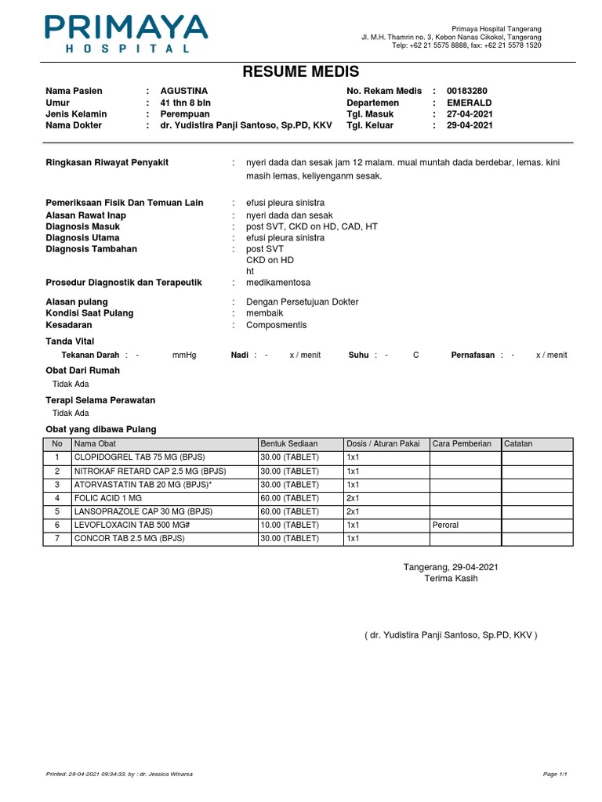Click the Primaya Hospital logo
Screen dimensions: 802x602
(126, 33)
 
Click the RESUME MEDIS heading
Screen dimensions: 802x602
(301, 72)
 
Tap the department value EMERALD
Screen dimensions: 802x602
(470, 103)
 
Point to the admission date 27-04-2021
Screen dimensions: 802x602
(470, 114)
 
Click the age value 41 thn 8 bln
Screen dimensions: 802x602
(185, 103)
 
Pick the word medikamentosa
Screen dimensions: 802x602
(278, 282)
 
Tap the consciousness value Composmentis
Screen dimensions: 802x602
(276, 325)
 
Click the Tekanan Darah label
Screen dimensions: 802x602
(90, 355)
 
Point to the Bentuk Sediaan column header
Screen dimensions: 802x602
(289, 443)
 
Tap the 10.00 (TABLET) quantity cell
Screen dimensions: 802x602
(289, 525)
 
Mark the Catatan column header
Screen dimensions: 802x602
(518, 443)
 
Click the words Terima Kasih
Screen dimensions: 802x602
(450, 579)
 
